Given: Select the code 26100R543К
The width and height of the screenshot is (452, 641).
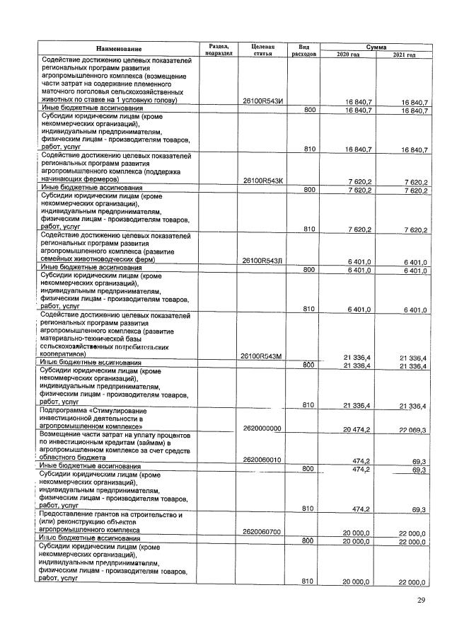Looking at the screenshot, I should coord(262,181).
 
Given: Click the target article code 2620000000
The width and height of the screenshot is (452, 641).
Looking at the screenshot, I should coord(262,429).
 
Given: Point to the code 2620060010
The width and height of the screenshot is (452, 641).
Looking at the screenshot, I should coord(262,459).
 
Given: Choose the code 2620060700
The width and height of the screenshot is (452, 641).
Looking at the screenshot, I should coord(262,531).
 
